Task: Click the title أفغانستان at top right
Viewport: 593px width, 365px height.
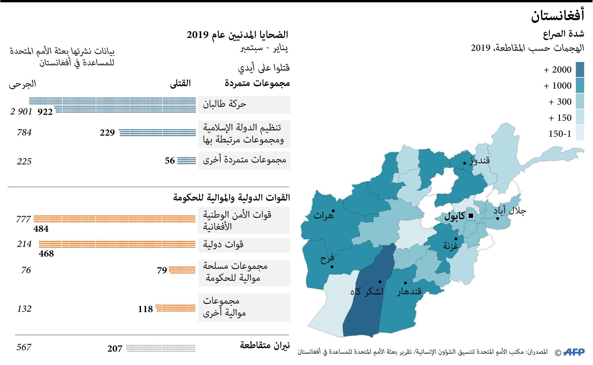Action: [x=557, y=16]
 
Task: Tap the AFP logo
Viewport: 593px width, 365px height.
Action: [x=574, y=352]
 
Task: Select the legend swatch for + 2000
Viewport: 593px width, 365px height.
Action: [x=580, y=70]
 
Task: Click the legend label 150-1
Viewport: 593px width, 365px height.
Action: [x=560, y=134]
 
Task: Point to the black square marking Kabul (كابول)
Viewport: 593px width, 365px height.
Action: [x=471, y=216]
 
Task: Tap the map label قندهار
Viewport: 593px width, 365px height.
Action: [x=409, y=291]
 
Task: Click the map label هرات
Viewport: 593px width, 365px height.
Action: [x=323, y=216]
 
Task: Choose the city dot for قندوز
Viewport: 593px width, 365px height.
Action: [x=465, y=163]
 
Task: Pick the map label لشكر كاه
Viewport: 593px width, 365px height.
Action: [x=366, y=291]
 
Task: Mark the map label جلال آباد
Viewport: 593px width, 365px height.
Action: [x=510, y=211]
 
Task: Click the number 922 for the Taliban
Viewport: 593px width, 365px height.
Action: [x=45, y=112]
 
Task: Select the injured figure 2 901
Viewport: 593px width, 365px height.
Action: [x=21, y=112]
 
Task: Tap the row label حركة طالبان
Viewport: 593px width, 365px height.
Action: [x=225, y=104]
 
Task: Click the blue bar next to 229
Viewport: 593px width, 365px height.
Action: [x=157, y=132]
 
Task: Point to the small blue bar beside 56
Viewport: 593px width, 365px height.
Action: [x=187, y=160]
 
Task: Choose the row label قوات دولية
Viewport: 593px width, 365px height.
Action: [x=223, y=244]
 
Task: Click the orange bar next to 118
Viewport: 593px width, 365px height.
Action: [x=176, y=308]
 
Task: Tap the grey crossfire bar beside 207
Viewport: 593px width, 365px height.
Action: [x=161, y=348]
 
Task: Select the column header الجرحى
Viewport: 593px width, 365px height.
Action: [x=23, y=84]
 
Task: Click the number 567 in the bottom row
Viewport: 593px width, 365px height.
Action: [x=24, y=347]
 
